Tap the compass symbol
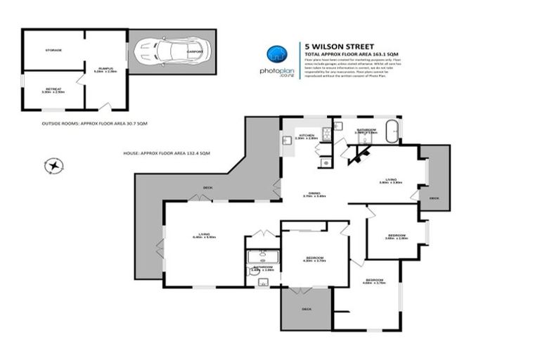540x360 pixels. coord(53,166)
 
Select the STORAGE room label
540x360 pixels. coord(53,51)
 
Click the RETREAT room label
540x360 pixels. coord(53,89)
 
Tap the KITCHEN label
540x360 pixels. coord(306,135)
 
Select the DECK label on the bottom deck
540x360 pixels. coord(307,308)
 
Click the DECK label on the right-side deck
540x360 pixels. coord(434,198)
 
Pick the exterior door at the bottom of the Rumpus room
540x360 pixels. coord(105,106)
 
